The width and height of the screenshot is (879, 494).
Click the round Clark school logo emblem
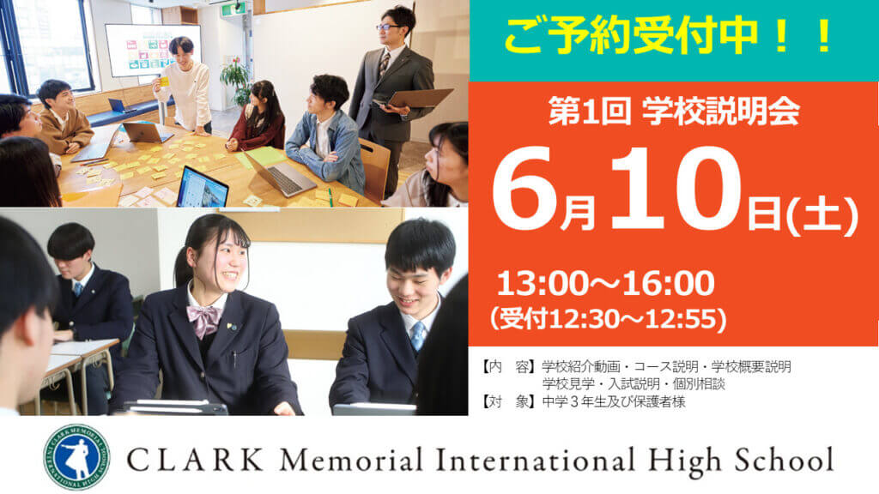tap(76, 457)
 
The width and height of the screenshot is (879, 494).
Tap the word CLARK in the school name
tap(195, 461)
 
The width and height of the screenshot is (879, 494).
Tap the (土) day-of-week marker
tap(822, 215)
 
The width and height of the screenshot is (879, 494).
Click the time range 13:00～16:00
tap(605, 283)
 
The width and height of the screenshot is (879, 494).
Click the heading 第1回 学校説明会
tap(673, 111)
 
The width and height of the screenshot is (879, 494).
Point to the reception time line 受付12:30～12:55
tap(609, 319)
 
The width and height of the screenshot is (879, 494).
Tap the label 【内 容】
tap(506, 367)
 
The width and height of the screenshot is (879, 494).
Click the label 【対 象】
tap(506, 401)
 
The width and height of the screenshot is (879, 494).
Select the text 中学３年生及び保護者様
tap(613, 401)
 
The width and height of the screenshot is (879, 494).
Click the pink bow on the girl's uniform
tap(204, 318)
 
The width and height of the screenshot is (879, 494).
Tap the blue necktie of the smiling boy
tap(418, 335)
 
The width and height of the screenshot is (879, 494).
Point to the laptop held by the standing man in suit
tap(415, 99)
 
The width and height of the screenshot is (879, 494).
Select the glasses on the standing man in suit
tap(387, 27)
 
